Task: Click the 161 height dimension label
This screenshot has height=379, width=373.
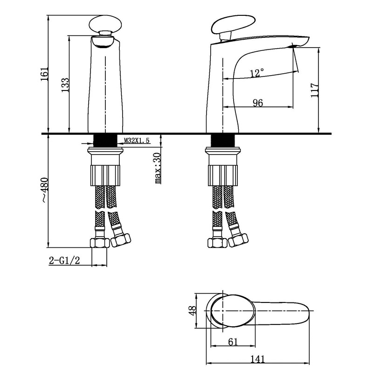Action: (45, 73)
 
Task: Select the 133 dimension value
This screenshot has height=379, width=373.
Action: (65, 85)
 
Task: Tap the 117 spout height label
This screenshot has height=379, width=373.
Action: (315, 90)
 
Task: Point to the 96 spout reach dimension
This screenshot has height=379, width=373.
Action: (258, 103)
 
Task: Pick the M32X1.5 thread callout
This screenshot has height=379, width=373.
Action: (137, 140)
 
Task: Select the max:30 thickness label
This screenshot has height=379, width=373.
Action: (158, 168)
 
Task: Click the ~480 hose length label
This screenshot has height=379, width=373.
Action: (45, 190)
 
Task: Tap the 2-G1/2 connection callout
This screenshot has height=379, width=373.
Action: (64, 260)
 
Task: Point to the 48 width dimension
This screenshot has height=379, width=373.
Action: (193, 310)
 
